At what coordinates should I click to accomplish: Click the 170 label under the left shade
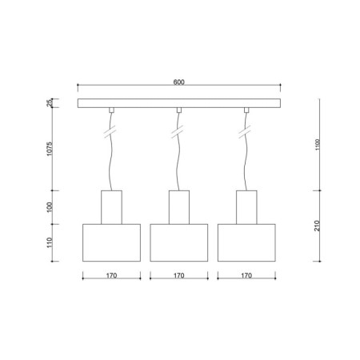pyautogui.click(x=111, y=276)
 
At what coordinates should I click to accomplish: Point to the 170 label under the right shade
pyautogui.click(x=246, y=276)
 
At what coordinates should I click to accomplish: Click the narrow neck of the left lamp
pyautogui.click(x=111, y=207)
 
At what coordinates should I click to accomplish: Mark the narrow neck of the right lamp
pyautogui.click(x=246, y=207)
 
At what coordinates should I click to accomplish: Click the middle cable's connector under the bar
pyautogui.click(x=179, y=110)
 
